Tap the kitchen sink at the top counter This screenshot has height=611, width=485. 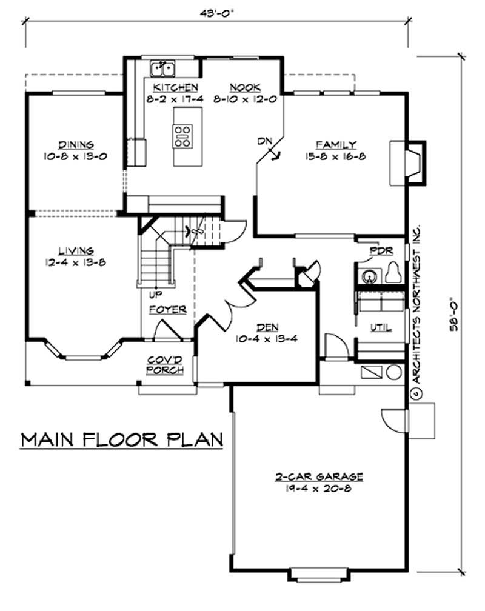coord(162,66)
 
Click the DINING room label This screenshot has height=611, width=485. coord(76,145)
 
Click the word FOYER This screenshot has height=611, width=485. coord(168,309)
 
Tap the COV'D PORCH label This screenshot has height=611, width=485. coord(166,365)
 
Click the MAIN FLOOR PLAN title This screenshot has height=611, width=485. coord(122,439)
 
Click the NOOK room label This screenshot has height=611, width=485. coord(244,87)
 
